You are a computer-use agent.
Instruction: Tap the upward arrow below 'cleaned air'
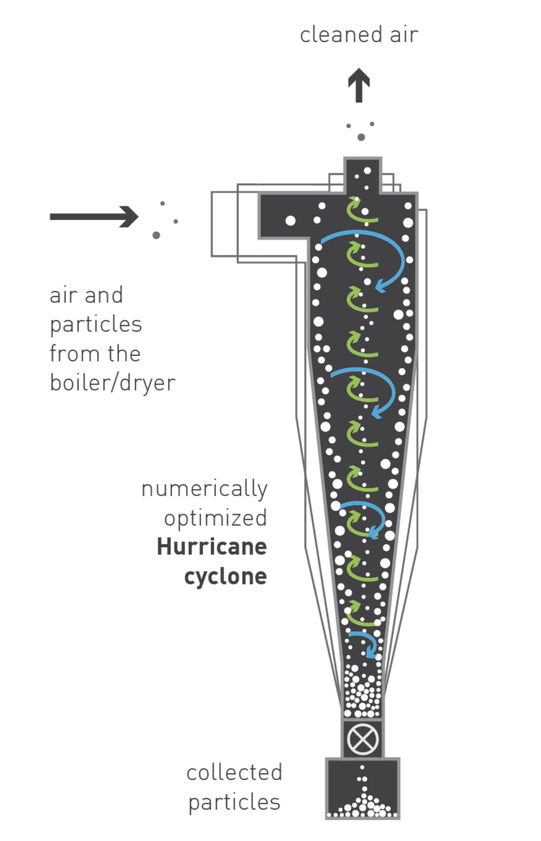[x=359, y=85]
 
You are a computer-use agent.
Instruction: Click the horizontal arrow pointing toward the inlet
[x=94, y=216]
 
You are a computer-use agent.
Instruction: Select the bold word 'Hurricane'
[x=212, y=547]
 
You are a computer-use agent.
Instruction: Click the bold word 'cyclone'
[x=225, y=577]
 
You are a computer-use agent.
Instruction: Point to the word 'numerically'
[x=204, y=489]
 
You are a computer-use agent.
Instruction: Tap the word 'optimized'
[x=215, y=519]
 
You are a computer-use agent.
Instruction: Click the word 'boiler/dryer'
[x=113, y=383]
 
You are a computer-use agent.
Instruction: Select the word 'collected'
[x=234, y=773]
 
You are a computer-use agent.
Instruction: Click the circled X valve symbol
[x=363, y=739]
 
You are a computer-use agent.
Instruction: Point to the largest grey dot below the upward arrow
[x=361, y=137]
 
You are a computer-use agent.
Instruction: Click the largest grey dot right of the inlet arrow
[x=156, y=235]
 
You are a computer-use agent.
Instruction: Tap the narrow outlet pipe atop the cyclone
[x=363, y=175]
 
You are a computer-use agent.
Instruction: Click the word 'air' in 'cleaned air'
[x=404, y=35]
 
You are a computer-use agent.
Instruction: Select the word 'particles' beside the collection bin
[x=234, y=802]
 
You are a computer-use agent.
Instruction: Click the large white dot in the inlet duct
[x=290, y=220]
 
